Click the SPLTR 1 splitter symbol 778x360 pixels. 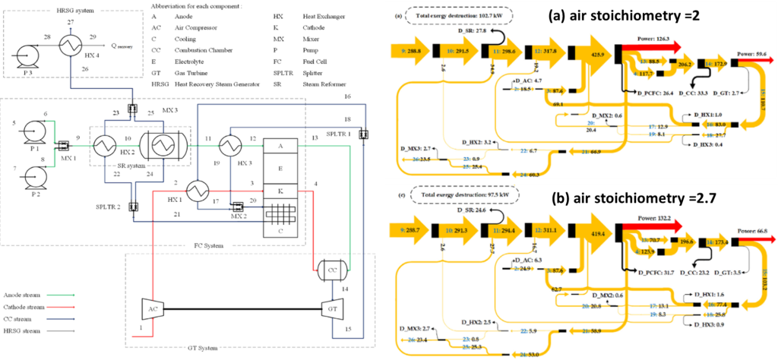pyautogui.click(x=363, y=134)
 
